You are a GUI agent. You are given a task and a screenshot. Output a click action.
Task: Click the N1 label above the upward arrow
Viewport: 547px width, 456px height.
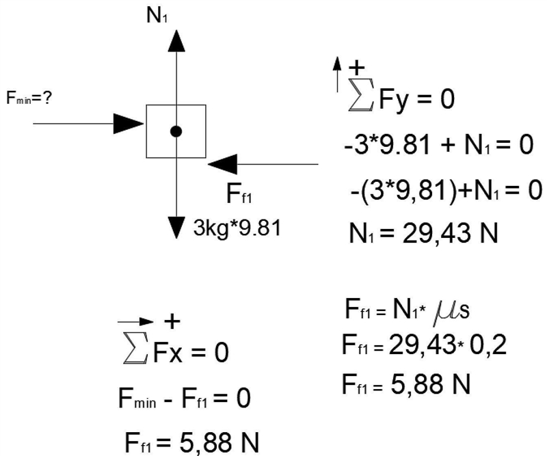(157, 16)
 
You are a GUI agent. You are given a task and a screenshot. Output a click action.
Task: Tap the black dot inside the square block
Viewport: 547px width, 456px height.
(176, 131)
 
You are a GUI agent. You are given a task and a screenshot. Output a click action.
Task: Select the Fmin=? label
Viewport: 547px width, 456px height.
(29, 98)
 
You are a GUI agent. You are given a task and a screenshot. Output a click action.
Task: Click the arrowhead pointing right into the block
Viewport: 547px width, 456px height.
(129, 124)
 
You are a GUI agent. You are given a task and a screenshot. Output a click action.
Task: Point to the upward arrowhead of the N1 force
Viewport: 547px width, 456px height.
(176, 41)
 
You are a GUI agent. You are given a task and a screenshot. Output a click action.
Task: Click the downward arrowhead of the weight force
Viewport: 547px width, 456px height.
(176, 228)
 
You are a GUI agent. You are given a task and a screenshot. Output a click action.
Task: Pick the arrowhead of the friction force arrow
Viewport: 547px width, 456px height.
(223, 164)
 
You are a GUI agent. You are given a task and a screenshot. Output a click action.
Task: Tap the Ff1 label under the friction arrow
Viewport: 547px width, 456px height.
(239, 194)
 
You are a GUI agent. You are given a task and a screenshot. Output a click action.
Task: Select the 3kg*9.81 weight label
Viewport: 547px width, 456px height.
(237, 228)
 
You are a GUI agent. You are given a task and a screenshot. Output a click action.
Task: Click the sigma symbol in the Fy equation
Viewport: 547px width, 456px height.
(362, 95)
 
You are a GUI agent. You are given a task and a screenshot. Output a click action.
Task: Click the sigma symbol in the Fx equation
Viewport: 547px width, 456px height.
(135, 348)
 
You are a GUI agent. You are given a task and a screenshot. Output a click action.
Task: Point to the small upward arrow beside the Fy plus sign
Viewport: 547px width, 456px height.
(337, 75)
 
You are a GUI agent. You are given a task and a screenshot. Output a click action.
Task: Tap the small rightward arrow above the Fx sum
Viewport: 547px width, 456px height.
(135, 322)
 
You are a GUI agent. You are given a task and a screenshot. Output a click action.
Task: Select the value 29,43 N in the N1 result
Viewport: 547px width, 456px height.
(450, 233)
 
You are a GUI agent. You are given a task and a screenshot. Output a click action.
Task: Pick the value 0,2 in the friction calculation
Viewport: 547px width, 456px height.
(488, 345)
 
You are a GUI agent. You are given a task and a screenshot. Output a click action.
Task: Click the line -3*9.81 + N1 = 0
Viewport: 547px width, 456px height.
(439, 145)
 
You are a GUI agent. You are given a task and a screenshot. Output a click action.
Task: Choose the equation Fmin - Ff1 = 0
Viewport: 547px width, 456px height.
(185, 399)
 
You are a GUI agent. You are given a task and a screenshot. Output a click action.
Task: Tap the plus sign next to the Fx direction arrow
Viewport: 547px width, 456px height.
(172, 321)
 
